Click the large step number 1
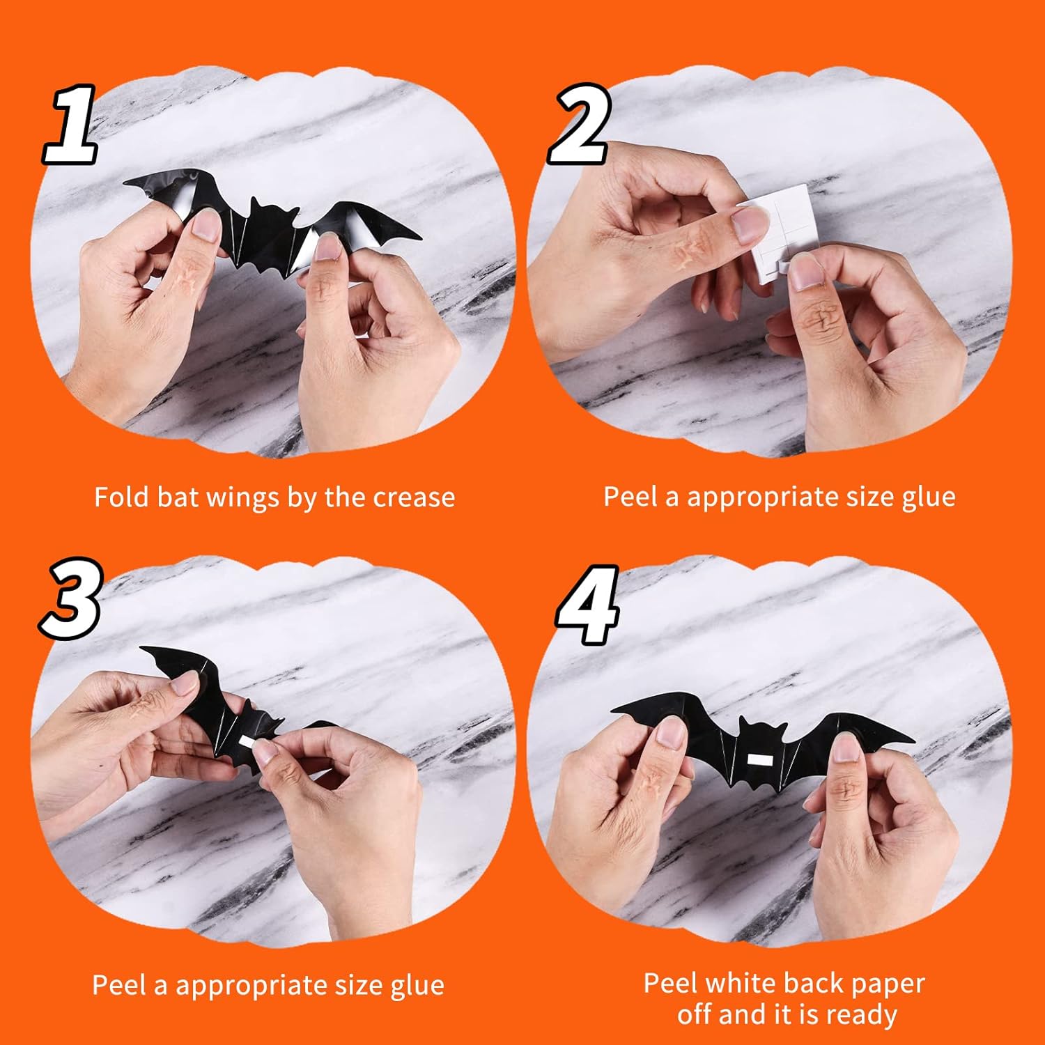point(70,124)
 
